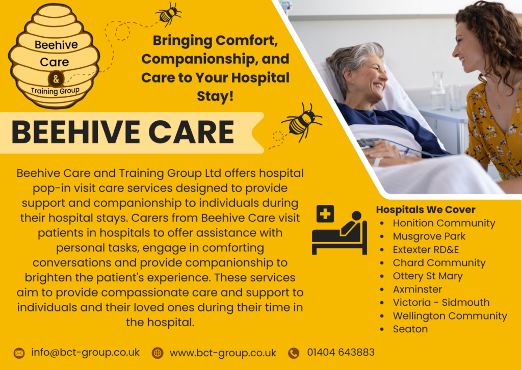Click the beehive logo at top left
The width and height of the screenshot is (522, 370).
[54, 56]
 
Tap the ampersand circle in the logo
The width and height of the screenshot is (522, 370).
[56, 79]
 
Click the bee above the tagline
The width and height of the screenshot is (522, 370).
[168, 14]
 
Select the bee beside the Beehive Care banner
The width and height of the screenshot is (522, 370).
[302, 122]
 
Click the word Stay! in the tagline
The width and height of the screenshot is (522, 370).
[215, 96]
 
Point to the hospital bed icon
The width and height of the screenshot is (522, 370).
[339, 230]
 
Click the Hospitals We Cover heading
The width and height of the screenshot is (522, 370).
[426, 209]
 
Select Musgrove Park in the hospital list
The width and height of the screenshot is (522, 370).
[429, 236]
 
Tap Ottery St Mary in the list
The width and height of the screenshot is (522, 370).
[428, 276]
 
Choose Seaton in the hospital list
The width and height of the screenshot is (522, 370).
[410, 329]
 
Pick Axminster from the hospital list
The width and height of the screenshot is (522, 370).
[417, 289]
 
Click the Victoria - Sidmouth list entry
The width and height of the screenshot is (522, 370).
[441, 302]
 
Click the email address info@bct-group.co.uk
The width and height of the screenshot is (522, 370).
[85, 352]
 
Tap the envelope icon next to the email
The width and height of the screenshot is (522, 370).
[19, 353]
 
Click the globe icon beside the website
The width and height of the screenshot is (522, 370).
[158, 353]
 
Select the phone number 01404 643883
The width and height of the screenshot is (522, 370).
[341, 352]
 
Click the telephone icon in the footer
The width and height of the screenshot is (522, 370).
[294, 353]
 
